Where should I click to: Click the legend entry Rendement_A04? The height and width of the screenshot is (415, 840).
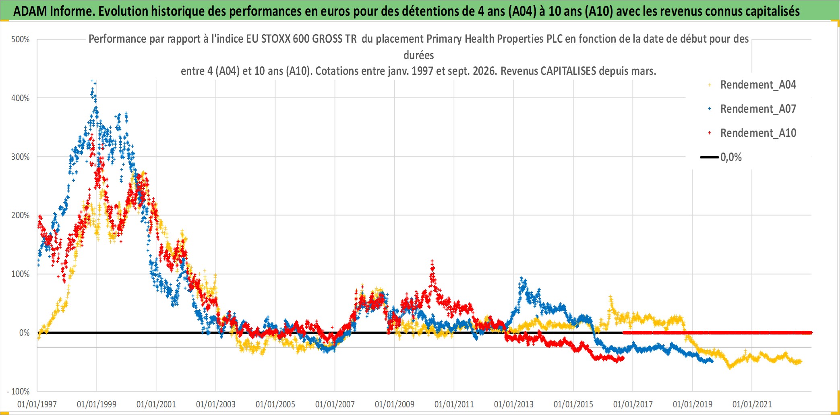tap(758, 85)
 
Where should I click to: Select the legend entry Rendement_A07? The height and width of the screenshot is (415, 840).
tap(758, 109)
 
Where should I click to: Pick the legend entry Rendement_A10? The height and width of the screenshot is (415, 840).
tap(758, 133)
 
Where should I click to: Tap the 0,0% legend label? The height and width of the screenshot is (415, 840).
tap(731, 157)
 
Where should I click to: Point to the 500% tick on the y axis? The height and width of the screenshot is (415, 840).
tap(21, 39)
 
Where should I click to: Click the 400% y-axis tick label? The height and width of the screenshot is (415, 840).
tap(21, 98)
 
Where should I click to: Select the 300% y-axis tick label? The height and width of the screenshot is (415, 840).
tap(21, 157)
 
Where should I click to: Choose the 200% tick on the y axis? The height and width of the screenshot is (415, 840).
tap(21, 215)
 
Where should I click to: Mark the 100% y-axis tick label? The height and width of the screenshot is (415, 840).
tap(21, 274)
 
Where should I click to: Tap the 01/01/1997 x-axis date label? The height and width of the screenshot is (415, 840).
tap(37, 404)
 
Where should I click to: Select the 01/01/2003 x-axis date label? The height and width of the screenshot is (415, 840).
tap(216, 404)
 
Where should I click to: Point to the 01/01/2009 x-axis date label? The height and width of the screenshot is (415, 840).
tap(395, 404)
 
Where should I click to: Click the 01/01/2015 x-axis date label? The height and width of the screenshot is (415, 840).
tap(573, 404)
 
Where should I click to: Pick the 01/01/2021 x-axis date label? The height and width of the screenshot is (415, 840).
tap(752, 404)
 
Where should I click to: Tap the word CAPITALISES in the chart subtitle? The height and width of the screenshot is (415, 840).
tap(568, 71)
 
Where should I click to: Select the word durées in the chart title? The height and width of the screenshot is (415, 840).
tap(419, 55)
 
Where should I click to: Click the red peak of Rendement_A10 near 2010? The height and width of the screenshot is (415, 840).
tap(432, 262)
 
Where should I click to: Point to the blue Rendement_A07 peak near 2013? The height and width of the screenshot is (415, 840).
tap(521, 279)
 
